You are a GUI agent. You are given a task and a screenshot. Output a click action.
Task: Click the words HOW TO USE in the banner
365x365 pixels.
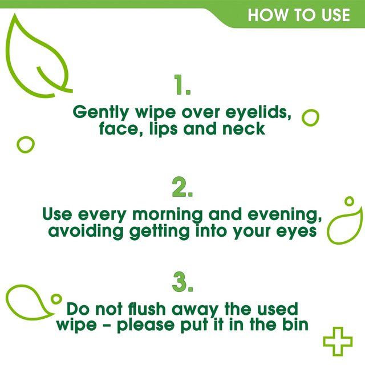pyautogui.click(x=298, y=14)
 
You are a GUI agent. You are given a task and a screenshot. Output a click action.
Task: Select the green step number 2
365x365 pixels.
pyautogui.click(x=182, y=186)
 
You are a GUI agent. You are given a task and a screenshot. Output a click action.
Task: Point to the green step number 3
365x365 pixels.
pyautogui.click(x=182, y=281)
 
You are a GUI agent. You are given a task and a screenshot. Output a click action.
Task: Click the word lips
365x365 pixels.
pyautogui.click(x=164, y=129)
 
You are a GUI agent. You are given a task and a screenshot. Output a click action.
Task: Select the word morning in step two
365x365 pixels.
pyautogui.click(x=168, y=215)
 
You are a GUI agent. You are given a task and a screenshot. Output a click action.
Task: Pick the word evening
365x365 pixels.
pyautogui.click(x=283, y=215)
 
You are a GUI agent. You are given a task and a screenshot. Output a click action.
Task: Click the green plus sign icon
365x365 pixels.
pyautogui.click(x=338, y=341)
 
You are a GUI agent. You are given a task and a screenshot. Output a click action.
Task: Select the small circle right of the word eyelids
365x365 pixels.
pyautogui.click(x=310, y=117)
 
